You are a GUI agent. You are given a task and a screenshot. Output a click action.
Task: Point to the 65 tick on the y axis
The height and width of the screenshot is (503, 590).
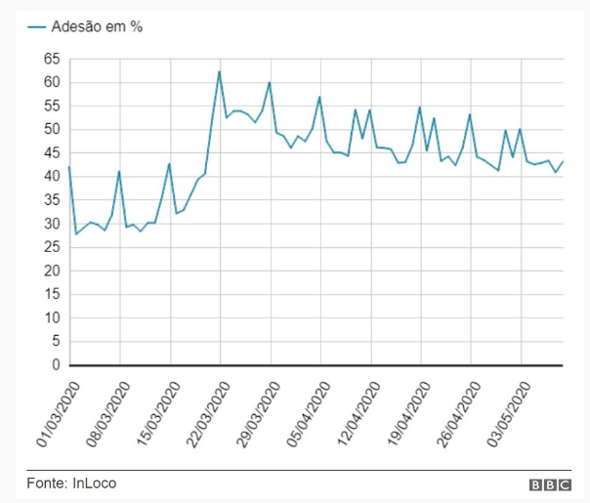pyautogui.click(x=52, y=59)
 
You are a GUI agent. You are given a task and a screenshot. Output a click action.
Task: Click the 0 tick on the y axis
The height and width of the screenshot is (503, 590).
pyautogui.click(x=56, y=365)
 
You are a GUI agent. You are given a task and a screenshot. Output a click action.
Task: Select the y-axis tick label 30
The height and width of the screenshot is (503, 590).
pyautogui.click(x=52, y=224)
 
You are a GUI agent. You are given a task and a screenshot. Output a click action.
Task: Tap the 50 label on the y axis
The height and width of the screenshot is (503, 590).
pyautogui.click(x=52, y=129)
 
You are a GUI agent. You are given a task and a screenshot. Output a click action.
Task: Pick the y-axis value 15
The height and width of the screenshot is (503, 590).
pyautogui.click(x=52, y=294)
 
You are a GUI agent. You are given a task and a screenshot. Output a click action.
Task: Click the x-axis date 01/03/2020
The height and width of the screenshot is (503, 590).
pyautogui.click(x=57, y=414)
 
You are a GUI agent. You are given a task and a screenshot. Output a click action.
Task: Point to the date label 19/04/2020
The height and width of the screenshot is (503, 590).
pyautogui.click(x=408, y=414)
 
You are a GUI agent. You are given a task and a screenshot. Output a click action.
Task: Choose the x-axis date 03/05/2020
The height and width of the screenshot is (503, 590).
pyautogui.click(x=509, y=414)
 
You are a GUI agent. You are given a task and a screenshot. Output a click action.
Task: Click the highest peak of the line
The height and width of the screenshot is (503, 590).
pyautogui.click(x=220, y=71)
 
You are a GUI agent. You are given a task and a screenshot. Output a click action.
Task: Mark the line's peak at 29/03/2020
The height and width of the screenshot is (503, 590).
pyautogui.click(x=270, y=82)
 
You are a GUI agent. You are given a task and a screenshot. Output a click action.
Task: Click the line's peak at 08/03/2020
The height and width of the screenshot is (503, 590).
pyautogui.click(x=119, y=172)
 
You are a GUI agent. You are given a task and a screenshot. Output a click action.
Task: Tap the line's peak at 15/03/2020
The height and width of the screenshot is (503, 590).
pyautogui.click(x=170, y=163)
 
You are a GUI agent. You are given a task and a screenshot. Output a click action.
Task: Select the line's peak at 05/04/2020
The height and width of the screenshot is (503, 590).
pyautogui.click(x=319, y=97)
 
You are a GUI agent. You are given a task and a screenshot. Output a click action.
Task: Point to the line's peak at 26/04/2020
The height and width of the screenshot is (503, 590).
pyautogui.click(x=470, y=114)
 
